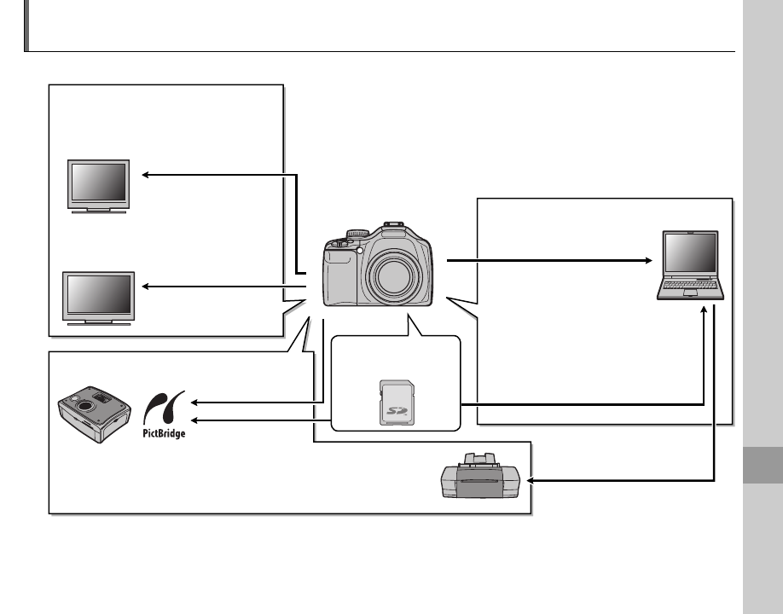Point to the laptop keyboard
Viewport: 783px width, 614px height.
691,290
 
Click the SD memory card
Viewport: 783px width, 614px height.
395,403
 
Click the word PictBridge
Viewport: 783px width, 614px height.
163,432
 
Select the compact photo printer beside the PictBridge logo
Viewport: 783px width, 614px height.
91,413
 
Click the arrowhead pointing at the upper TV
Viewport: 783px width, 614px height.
146,175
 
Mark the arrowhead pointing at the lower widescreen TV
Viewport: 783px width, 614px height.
146,287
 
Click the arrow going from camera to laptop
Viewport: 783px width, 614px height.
546,260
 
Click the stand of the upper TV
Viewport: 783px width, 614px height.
99,210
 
